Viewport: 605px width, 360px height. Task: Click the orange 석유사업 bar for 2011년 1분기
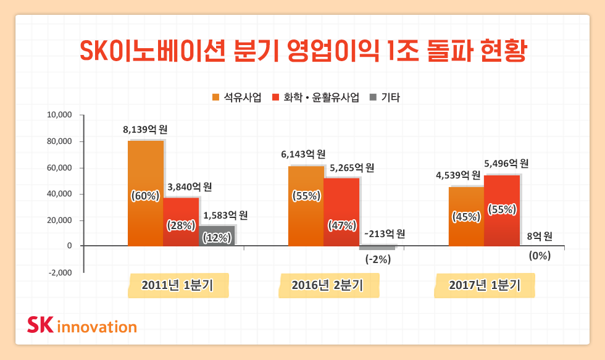point(146,167)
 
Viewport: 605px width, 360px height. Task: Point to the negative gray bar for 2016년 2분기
point(377,248)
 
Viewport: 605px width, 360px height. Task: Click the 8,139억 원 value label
point(146,130)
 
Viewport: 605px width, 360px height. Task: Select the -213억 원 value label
point(385,234)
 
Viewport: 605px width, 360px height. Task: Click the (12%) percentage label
point(217,238)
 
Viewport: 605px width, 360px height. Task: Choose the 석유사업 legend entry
point(236,98)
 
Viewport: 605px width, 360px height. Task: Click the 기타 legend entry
point(384,98)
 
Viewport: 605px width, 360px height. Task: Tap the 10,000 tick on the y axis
point(60,115)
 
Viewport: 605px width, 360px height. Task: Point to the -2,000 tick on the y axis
point(60,272)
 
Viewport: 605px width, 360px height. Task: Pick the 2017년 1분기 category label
point(485,285)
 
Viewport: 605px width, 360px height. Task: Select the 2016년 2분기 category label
point(328,285)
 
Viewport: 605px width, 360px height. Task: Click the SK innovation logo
point(82,325)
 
